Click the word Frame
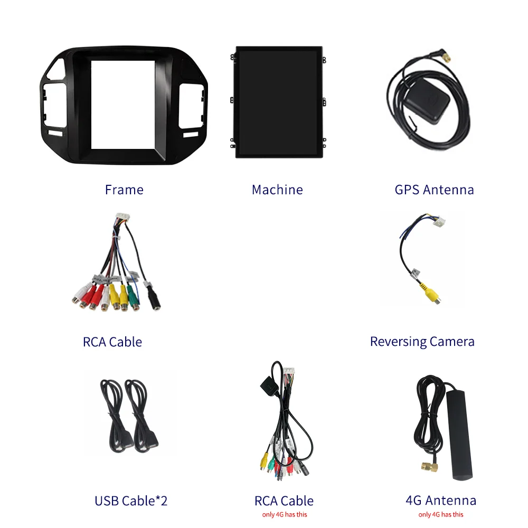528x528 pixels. (x=124, y=190)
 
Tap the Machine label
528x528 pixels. (x=277, y=190)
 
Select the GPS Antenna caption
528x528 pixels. (x=434, y=190)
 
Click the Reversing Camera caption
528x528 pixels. (x=422, y=342)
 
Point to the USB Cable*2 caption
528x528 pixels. (x=131, y=501)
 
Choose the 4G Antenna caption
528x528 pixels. (x=440, y=500)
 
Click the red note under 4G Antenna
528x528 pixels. (x=440, y=514)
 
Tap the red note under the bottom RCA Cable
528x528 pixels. (x=284, y=514)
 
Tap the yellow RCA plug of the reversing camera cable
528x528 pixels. (x=429, y=293)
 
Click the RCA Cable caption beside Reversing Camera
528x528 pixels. (x=112, y=342)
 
